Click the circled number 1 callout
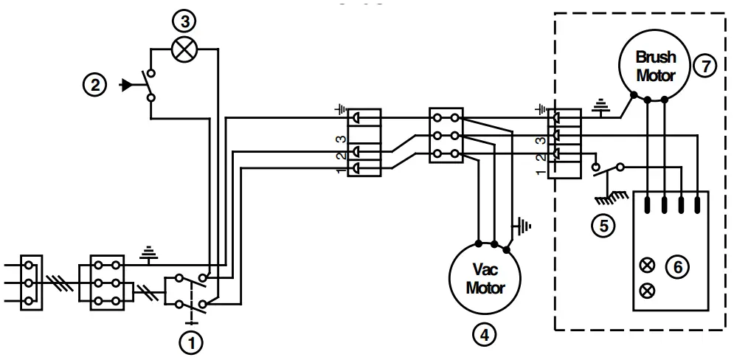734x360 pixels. point(192,342)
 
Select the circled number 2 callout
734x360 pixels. point(94,85)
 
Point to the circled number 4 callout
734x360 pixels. point(484,334)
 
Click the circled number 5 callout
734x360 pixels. point(603,226)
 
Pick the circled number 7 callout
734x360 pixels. point(705,66)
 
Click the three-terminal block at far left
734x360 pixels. point(30,282)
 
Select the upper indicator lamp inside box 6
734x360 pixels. point(649,264)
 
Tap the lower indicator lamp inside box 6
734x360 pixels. point(649,290)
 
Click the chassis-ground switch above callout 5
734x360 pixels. point(606,173)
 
